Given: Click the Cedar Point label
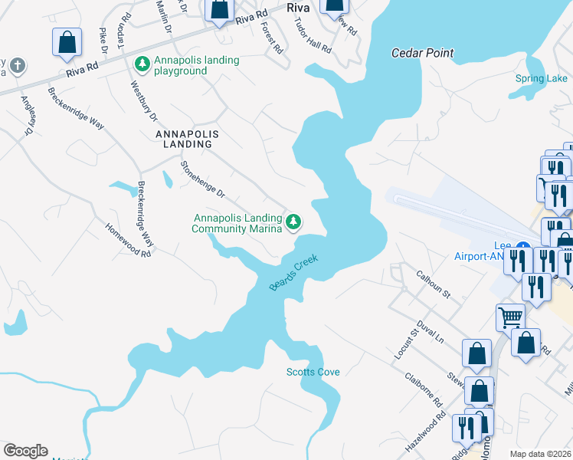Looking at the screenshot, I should [422, 54].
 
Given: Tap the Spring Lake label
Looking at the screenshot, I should [541, 79].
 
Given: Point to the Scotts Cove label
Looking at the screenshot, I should [313, 372].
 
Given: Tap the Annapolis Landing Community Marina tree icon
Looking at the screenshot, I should [293, 222].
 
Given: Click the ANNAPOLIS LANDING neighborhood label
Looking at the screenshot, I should [187, 134].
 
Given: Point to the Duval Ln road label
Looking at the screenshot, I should [431, 330].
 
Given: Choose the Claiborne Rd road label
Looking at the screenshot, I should [427, 391].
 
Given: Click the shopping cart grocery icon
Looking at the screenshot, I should [510, 315].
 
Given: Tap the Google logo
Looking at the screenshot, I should [25, 451].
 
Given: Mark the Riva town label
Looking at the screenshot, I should [296, 8].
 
